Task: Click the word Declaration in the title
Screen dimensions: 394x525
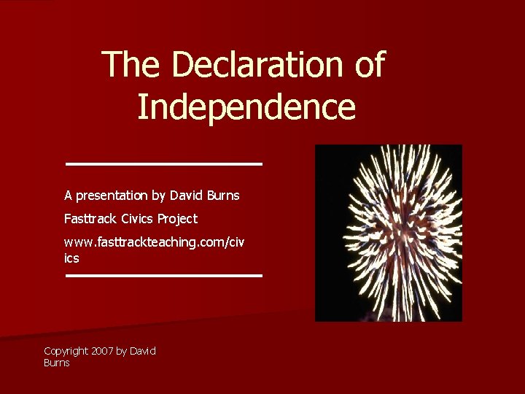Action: point(254,65)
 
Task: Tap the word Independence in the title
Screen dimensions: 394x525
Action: point(246,107)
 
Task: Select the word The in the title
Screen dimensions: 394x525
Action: point(132,65)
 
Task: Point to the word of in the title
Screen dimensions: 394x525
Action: point(367,65)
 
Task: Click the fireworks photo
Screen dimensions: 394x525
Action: point(388,233)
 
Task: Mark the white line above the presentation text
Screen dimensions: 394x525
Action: point(163,163)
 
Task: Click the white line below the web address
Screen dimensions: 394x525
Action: point(163,276)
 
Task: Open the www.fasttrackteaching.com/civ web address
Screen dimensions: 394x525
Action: point(155,242)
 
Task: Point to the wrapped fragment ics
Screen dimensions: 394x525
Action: point(71,258)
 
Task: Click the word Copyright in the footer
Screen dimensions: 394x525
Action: point(66,351)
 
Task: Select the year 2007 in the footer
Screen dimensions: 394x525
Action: point(102,351)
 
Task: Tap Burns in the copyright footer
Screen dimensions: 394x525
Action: point(57,363)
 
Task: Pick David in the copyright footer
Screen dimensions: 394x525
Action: point(143,351)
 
